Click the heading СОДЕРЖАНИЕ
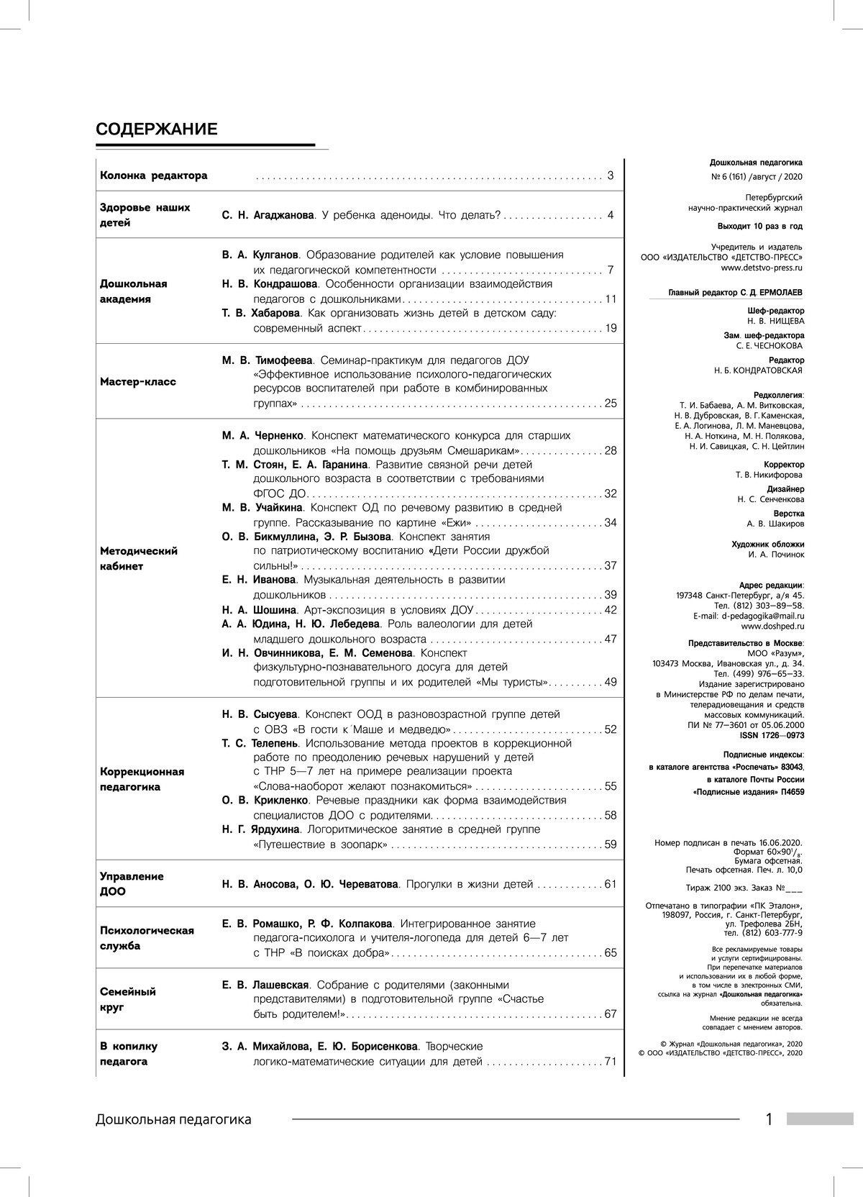pyautogui.click(x=156, y=129)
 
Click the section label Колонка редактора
pyautogui.click(x=153, y=176)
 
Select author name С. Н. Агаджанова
pyautogui.click(x=268, y=215)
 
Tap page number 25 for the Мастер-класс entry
pyautogui.click(x=611, y=404)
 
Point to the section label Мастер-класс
pyautogui.click(x=137, y=382)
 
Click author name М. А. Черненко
pyautogui.click(x=263, y=435)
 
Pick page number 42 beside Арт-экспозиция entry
pyautogui.click(x=611, y=610)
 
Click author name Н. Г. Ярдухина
pyautogui.click(x=260, y=829)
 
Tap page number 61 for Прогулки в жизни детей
pyautogui.click(x=611, y=884)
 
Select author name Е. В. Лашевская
pyautogui.click(x=265, y=985)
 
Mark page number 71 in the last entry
pyautogui.click(x=611, y=1062)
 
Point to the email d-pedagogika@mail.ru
pyautogui.click(x=763, y=616)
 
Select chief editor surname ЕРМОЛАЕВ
pyautogui.click(x=778, y=293)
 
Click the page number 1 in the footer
pyautogui.click(x=769, y=1119)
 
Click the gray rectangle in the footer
pyautogui.click(x=819, y=1119)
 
